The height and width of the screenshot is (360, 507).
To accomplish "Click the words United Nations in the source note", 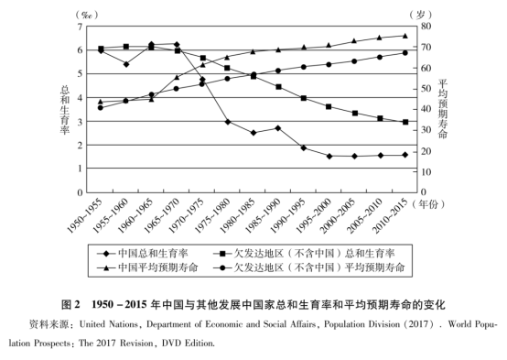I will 106,323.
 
